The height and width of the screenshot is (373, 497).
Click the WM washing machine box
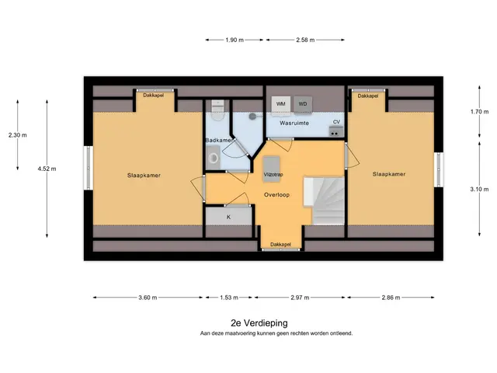(x=281, y=104)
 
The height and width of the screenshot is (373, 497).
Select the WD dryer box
(x=303, y=104)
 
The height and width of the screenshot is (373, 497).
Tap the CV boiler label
(x=336, y=122)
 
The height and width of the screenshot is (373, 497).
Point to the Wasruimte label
(x=294, y=123)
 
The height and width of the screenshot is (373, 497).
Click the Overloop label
(x=276, y=195)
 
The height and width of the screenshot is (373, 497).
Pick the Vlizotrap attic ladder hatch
(x=272, y=169)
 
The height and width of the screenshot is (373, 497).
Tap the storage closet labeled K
(x=228, y=216)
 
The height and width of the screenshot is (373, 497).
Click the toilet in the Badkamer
(x=217, y=110)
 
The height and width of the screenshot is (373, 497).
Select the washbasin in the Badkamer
(x=214, y=157)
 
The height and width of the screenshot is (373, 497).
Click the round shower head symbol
(x=252, y=117)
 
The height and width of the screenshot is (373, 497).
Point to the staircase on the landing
(x=324, y=200)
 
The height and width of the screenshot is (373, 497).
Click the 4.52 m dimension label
(x=47, y=169)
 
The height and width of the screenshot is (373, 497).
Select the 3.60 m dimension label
(x=148, y=298)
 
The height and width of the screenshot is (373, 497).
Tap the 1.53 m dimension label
(x=229, y=298)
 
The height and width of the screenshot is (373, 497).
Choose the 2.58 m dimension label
(x=305, y=40)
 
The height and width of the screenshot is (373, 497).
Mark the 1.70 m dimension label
(x=479, y=112)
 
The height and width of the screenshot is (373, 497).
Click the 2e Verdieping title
(x=259, y=323)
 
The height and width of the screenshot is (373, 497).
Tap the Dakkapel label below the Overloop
(x=280, y=245)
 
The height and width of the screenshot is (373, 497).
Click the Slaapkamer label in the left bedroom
(x=144, y=176)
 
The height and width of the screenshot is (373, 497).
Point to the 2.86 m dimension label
(x=391, y=298)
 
